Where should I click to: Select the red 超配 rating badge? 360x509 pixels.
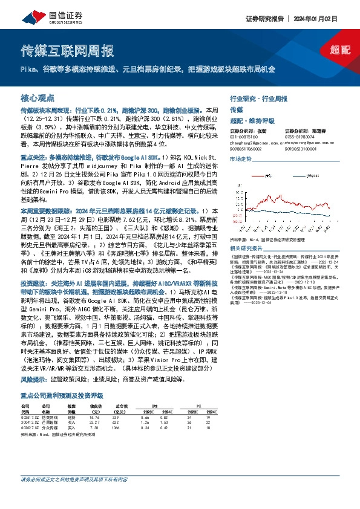341,49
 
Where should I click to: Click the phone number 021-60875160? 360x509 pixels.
243,136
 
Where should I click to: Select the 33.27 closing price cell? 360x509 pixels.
94,406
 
